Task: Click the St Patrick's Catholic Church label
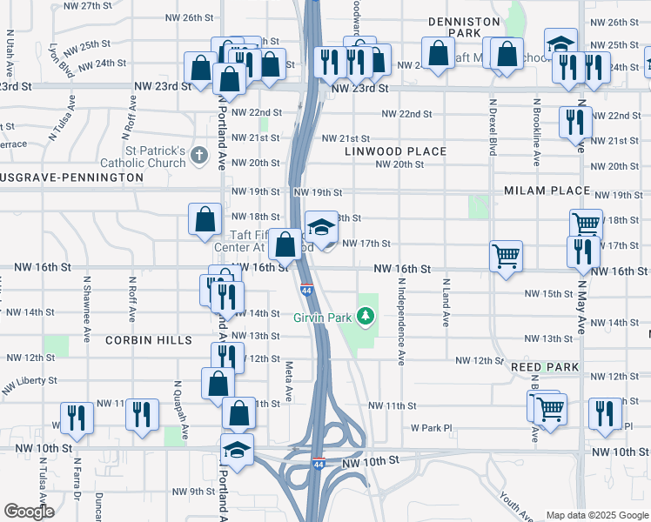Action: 155,156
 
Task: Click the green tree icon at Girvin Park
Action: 366,316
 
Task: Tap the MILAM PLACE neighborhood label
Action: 547,191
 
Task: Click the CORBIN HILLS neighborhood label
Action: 149,340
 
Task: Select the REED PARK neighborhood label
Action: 545,368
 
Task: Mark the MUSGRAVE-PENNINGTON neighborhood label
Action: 70,177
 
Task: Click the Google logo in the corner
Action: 29,512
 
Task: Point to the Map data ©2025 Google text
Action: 597,515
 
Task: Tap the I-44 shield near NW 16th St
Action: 307,289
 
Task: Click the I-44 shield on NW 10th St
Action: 319,463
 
